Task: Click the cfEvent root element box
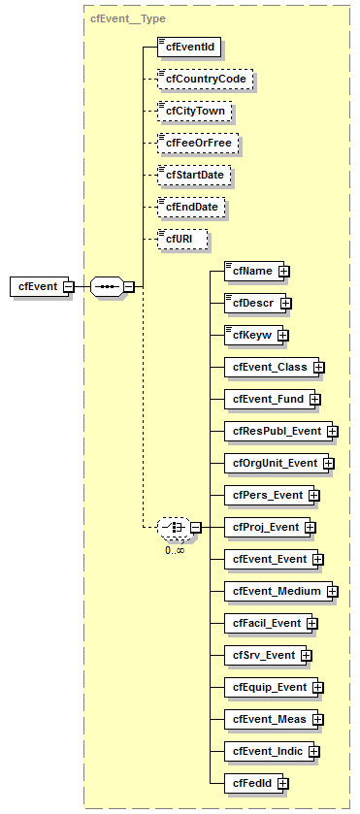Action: (36, 286)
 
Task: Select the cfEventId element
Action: (191, 47)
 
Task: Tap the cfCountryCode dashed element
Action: (205, 79)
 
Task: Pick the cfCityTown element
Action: (195, 111)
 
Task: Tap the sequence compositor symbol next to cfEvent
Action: (106, 286)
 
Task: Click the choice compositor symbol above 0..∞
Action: (172, 527)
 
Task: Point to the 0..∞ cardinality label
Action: (175, 548)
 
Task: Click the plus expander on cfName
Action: (284, 272)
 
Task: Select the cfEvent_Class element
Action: (268, 368)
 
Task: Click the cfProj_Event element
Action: (265, 527)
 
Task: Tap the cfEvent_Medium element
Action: (275, 591)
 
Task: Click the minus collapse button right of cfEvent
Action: (68, 287)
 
